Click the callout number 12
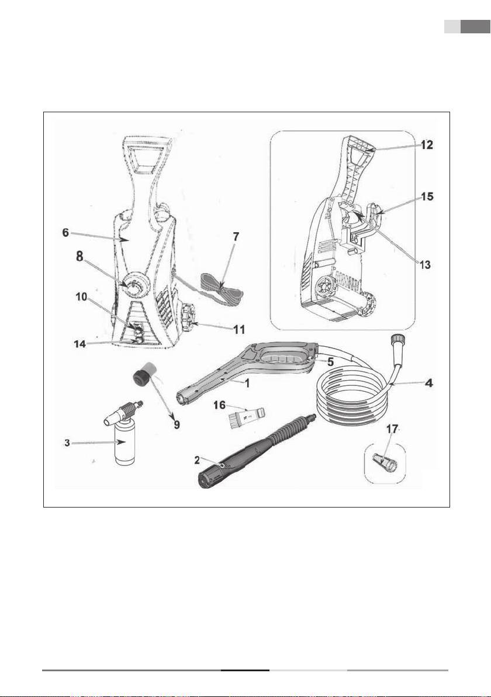427,145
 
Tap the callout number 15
427,196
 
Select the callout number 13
425,265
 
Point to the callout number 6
66,233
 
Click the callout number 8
79,257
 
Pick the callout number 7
236,236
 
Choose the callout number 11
239,329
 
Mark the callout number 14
79,344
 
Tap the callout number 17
392,429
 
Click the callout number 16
220,405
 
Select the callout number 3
67,443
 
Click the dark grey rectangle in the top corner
475,27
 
